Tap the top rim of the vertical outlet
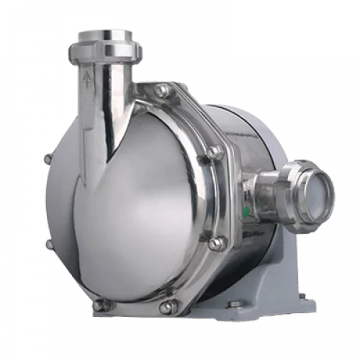point(104,32)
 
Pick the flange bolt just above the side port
point(214,152)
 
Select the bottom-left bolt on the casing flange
point(101,305)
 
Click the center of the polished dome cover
point(126,209)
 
